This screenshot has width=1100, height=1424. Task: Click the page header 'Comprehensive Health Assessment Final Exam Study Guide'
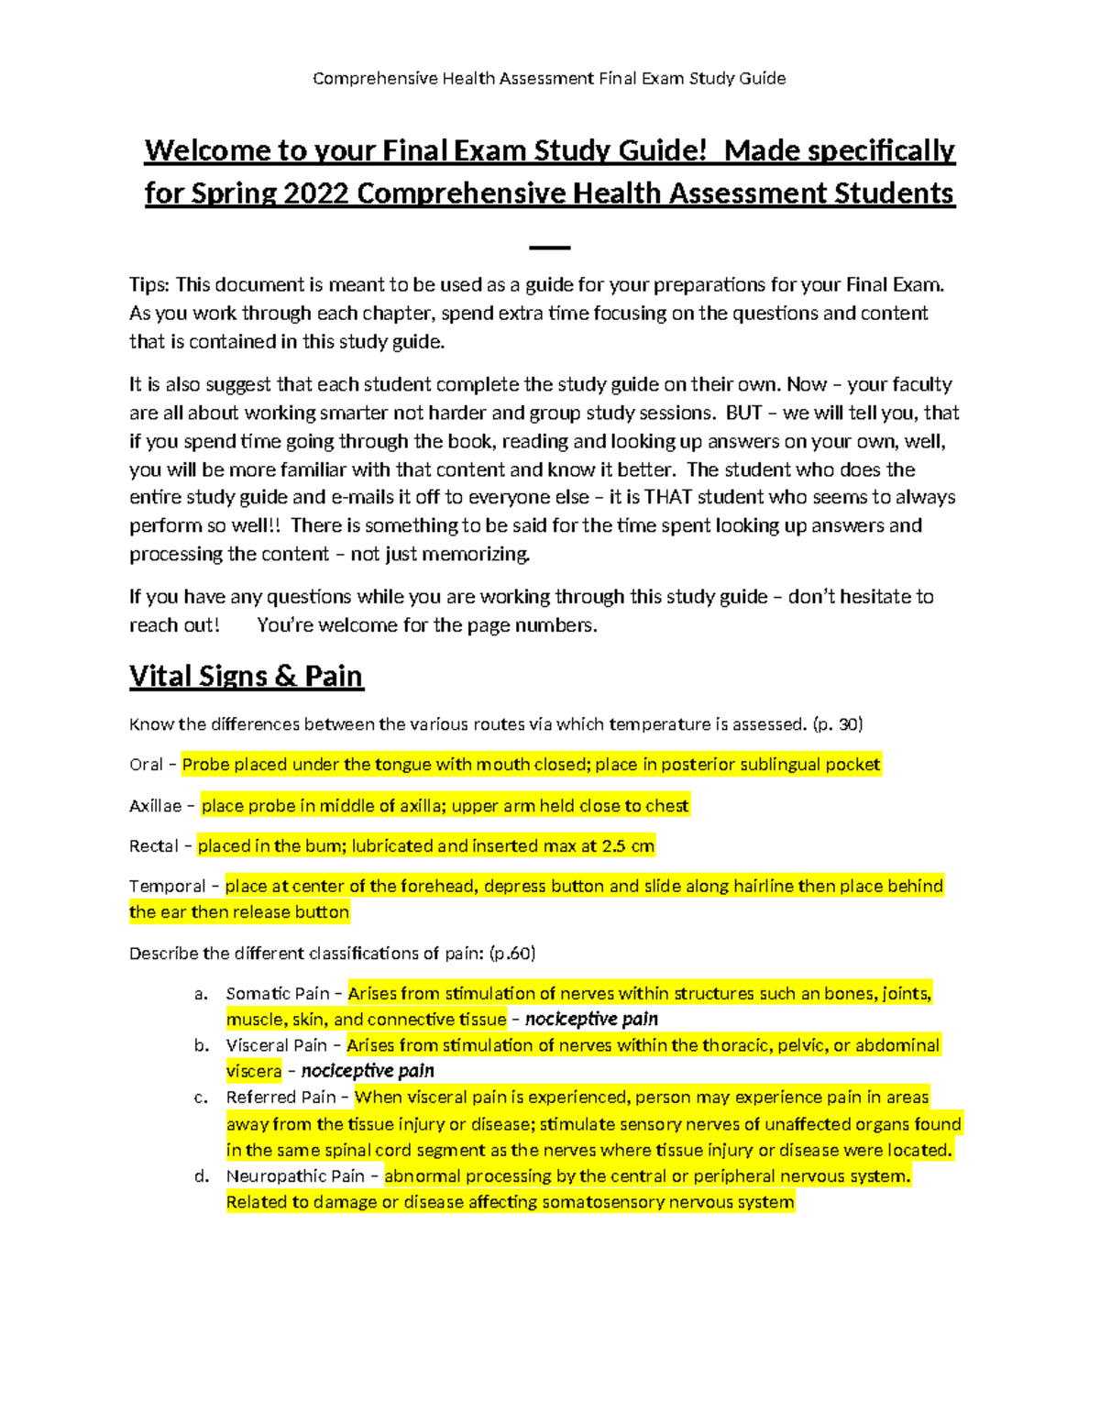coord(549,78)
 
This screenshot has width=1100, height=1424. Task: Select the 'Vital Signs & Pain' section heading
coord(246,677)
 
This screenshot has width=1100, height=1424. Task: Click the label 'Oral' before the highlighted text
coord(146,765)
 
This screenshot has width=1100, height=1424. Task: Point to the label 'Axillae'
coord(155,806)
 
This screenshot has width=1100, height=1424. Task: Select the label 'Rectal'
coord(153,846)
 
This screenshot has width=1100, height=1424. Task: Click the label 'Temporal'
coord(167,887)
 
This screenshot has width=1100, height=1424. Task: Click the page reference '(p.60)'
coord(512,954)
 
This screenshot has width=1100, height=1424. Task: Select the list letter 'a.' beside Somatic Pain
coord(202,994)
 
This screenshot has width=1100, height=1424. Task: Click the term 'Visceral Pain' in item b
coord(276,1045)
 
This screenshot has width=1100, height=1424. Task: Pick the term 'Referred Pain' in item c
coord(280,1098)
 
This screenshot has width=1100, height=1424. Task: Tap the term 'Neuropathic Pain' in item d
coord(295,1176)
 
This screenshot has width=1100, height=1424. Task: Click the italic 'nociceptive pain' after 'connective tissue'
coord(591,1020)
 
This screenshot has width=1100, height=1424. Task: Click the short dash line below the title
coord(550,248)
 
